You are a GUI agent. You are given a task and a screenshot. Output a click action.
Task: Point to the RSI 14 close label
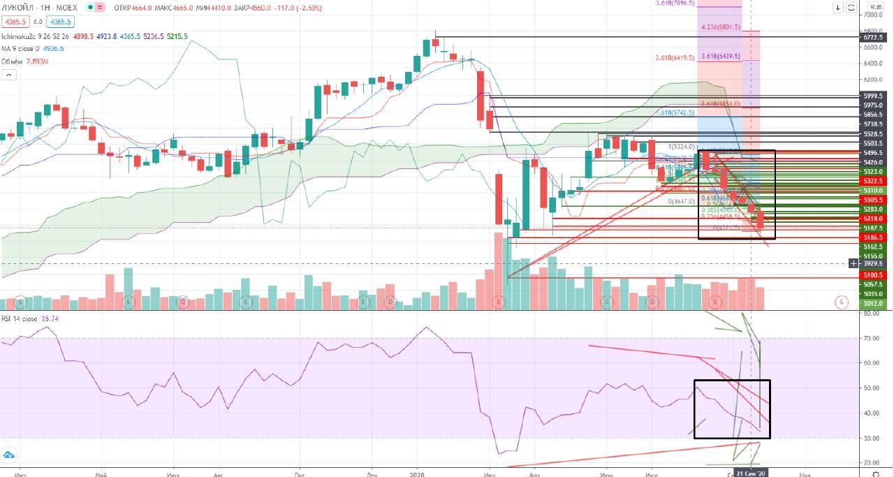coord(20,319)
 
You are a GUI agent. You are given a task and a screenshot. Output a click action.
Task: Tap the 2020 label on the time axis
coord(418,473)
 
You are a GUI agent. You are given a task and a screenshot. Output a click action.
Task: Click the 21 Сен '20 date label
coord(752,473)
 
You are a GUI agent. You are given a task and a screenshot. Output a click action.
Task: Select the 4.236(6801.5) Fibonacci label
coord(720,27)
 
